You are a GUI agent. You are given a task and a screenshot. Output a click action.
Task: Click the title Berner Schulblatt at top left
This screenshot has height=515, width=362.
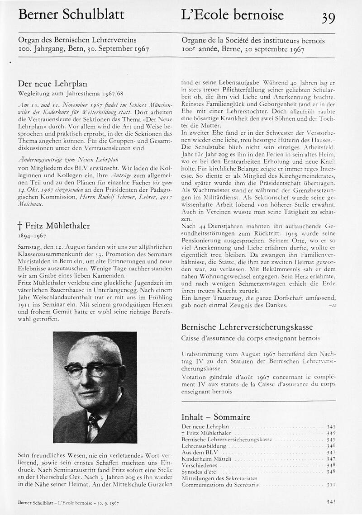click(x=71, y=15)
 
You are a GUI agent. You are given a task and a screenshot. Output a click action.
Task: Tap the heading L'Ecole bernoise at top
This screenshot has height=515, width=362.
click(x=232, y=15)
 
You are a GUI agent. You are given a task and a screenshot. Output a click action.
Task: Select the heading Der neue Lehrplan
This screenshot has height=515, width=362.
click(x=52, y=84)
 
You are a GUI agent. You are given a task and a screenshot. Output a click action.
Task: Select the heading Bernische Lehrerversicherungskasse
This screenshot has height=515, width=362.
click(x=247, y=327)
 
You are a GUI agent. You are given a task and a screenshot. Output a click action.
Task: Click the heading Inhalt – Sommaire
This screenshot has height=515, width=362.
click(x=215, y=417)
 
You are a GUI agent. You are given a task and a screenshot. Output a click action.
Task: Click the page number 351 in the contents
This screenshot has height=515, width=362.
click(x=331, y=484)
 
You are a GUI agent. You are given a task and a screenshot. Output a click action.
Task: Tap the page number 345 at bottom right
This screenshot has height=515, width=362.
click(x=331, y=502)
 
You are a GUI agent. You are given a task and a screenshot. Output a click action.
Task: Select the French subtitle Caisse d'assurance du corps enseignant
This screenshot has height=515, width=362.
click(x=250, y=338)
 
